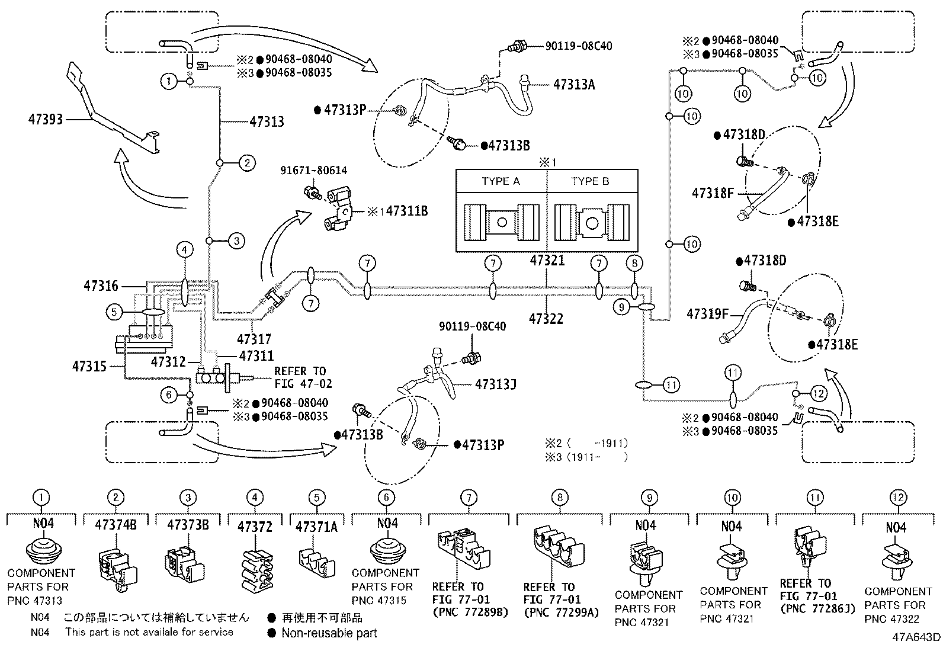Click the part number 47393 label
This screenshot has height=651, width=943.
click(45, 119)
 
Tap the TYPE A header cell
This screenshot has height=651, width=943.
click(501, 181)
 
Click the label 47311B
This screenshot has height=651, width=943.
click(406, 210)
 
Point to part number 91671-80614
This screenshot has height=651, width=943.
click(313, 171)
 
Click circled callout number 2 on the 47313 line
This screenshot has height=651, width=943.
click(247, 163)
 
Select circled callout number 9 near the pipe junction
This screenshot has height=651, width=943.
click(621, 306)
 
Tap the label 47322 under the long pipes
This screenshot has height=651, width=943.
click(546, 319)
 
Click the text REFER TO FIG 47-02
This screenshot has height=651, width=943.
click(300, 377)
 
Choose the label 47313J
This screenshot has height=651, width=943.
click(496, 384)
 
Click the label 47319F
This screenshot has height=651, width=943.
click(707, 313)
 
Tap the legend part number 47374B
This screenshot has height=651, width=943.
click(116, 524)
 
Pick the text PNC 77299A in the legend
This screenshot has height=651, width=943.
click(560, 612)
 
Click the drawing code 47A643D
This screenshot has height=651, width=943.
click(916, 638)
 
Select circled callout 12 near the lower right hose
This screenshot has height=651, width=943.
click(817, 393)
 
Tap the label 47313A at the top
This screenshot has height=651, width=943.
click(574, 84)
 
